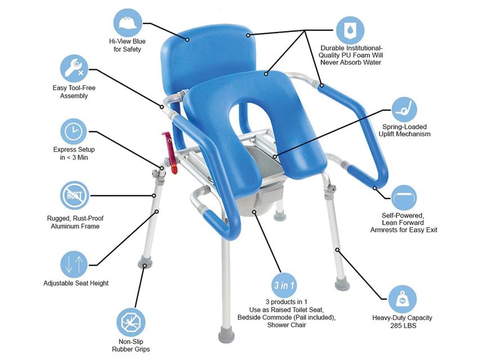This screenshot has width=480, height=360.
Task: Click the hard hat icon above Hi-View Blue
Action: (x=128, y=22)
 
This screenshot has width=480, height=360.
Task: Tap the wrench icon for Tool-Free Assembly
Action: (x=74, y=69)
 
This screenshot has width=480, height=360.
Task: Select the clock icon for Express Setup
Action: (x=74, y=132)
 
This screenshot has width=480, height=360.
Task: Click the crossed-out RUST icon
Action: (x=75, y=195)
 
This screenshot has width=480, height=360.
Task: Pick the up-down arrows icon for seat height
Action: (x=74, y=264)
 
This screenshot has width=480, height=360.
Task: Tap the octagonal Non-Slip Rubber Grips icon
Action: (x=131, y=322)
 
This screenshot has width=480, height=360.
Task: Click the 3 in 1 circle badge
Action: (x=284, y=285)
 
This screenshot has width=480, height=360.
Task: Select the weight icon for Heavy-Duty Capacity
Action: (x=402, y=299)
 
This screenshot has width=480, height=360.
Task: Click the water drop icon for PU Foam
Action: (x=350, y=30)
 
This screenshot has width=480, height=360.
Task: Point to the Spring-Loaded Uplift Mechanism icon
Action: (x=404, y=110)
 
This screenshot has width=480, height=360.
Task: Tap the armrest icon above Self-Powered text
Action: (x=404, y=197)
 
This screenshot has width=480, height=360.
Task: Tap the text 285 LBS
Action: (x=403, y=326)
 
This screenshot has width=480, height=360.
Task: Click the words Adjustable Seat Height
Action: (x=76, y=283)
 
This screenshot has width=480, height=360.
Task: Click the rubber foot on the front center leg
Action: (x=227, y=335)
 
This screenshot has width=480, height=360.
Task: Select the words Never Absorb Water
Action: (x=351, y=62)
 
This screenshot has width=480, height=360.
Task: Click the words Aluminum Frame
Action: (x=75, y=227)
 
